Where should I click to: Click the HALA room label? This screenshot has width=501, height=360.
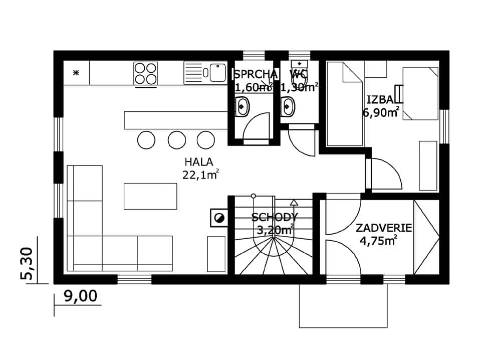(x=199, y=162)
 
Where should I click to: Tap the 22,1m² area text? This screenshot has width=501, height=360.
(x=201, y=174)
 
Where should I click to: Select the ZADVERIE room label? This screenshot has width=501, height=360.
(x=384, y=228)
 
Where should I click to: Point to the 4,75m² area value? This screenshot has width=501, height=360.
(x=379, y=241)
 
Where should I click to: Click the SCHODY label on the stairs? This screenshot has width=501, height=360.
(x=275, y=218)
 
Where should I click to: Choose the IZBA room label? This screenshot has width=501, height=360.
(x=380, y=100)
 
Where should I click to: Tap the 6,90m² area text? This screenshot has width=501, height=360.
(x=381, y=112)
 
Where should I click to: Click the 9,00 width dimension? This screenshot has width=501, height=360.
(x=81, y=296)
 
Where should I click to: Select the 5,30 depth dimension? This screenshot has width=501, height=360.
(x=27, y=264)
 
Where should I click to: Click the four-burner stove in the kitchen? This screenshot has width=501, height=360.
(x=145, y=74)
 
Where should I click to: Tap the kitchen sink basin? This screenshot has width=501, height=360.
(x=218, y=73)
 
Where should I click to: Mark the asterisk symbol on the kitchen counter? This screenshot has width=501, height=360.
(x=76, y=73)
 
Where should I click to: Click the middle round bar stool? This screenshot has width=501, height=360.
(x=177, y=140)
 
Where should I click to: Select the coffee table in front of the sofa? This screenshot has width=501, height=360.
(x=150, y=197)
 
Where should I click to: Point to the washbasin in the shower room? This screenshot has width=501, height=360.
(x=242, y=106)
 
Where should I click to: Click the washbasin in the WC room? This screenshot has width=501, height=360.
(x=288, y=106)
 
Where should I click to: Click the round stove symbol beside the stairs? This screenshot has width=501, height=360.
(x=219, y=218)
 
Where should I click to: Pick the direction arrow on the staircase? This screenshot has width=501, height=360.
(x=294, y=202)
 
